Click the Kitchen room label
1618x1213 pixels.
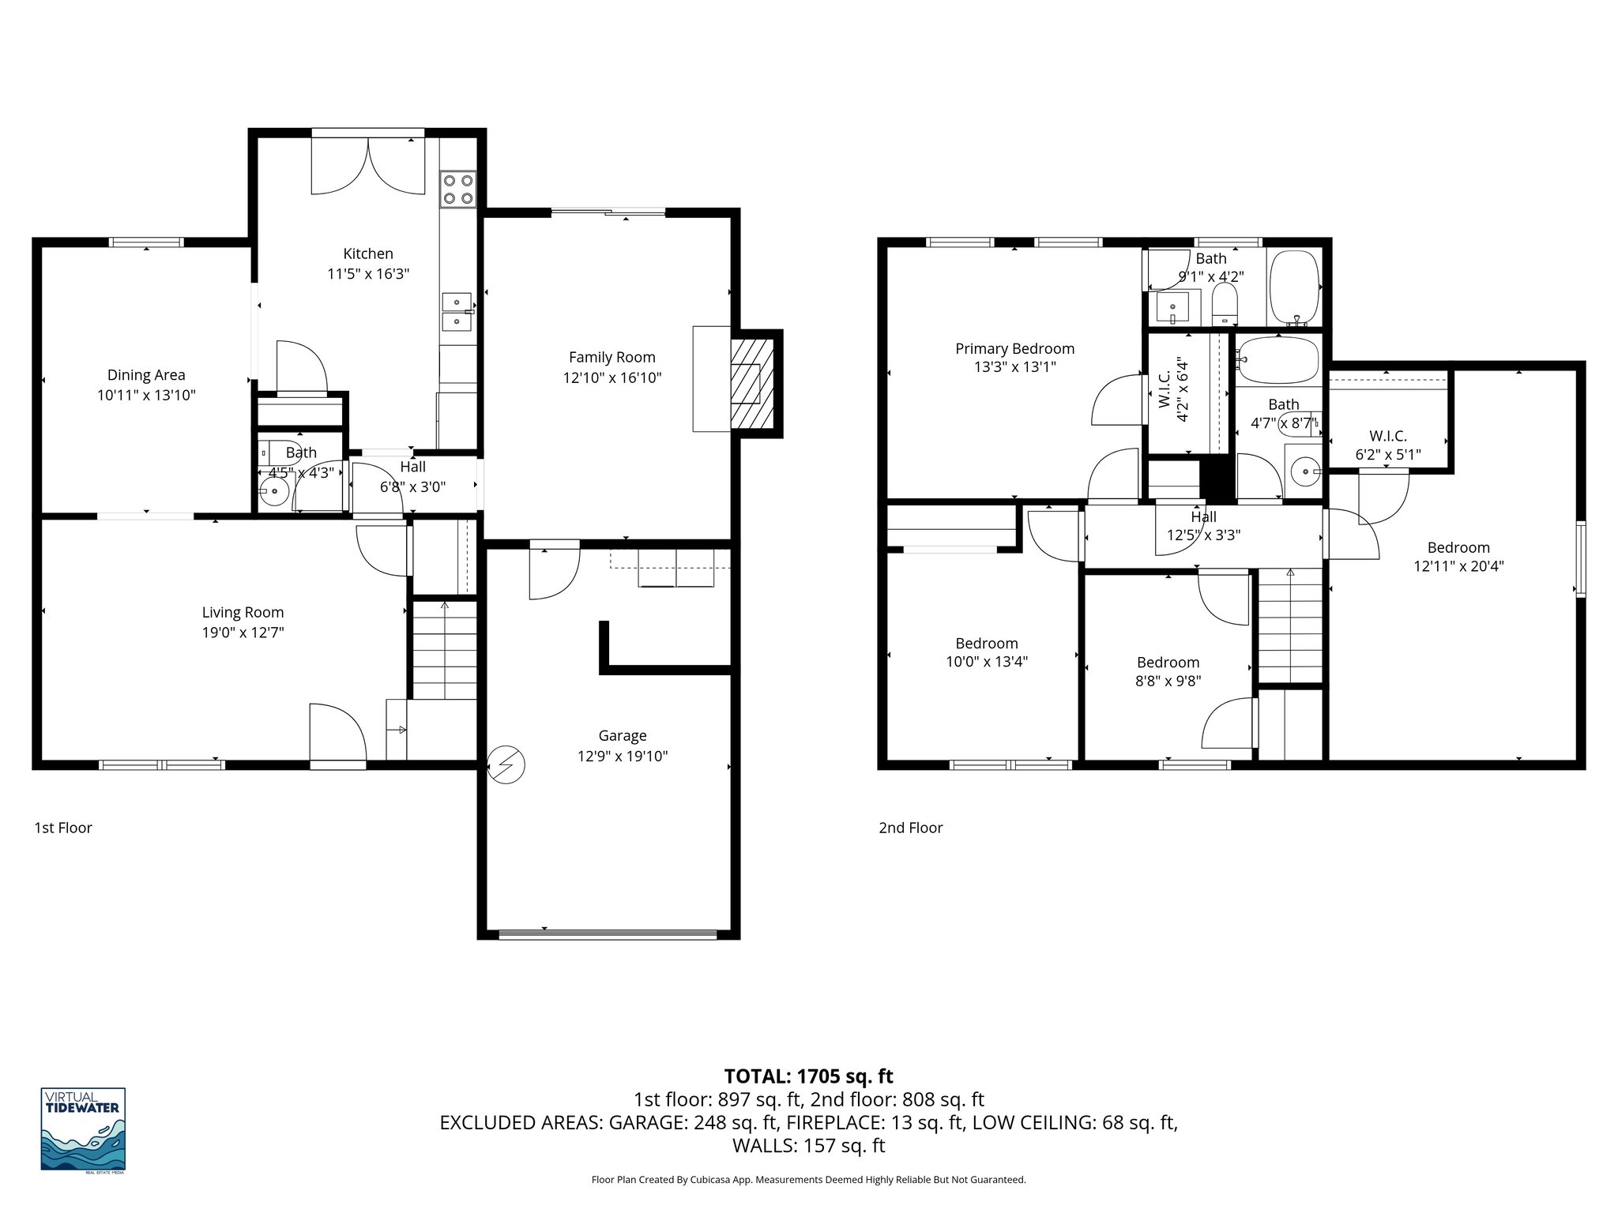367,253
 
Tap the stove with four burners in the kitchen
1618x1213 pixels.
458,190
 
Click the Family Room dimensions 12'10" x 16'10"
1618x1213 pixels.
611,378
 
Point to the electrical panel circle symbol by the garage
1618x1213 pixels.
506,764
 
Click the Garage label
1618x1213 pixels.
622,736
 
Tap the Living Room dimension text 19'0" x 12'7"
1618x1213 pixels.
243,633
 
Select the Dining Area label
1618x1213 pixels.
146,375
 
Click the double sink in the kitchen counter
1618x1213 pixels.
457,312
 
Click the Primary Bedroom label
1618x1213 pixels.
1014,349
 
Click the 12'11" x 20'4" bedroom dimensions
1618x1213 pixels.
1458,566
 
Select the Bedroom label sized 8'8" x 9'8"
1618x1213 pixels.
1168,663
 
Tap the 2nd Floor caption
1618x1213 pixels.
910,828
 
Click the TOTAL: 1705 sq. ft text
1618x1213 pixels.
808,1076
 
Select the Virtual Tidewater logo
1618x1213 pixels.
83,1130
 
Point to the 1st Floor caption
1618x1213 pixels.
63,828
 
